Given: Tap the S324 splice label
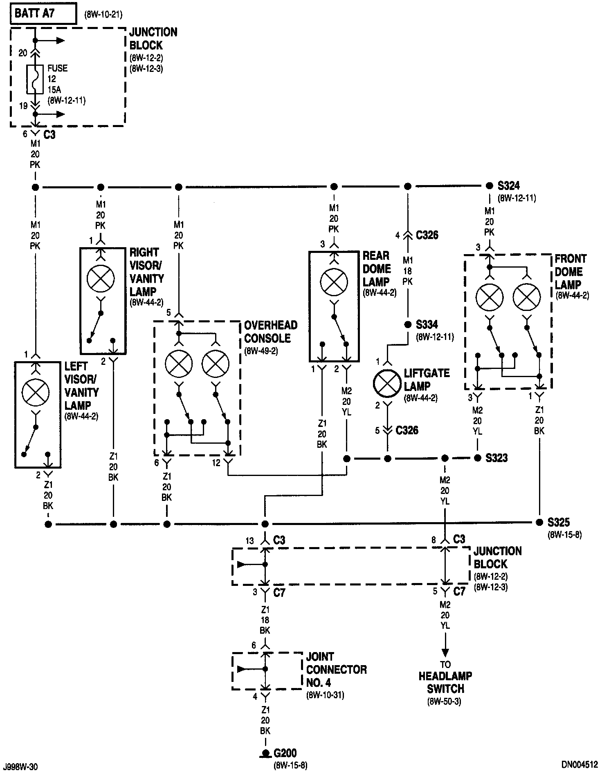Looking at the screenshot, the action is (x=509, y=186).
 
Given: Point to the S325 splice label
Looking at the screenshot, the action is (x=559, y=522).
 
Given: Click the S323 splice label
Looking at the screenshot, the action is (x=496, y=458).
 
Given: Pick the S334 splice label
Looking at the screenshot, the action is (x=427, y=325).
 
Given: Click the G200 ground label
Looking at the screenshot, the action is (x=285, y=753).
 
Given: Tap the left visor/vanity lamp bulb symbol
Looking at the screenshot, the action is (x=36, y=393).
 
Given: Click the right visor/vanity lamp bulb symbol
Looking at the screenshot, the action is (x=101, y=279).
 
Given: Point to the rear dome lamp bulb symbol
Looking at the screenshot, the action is (x=334, y=282).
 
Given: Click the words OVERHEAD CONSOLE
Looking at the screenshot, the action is (x=271, y=332).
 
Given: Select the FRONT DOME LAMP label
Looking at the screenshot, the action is (x=571, y=272).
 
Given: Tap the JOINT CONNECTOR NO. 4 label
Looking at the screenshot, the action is (x=336, y=670).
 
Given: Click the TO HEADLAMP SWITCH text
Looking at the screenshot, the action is (x=445, y=682).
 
